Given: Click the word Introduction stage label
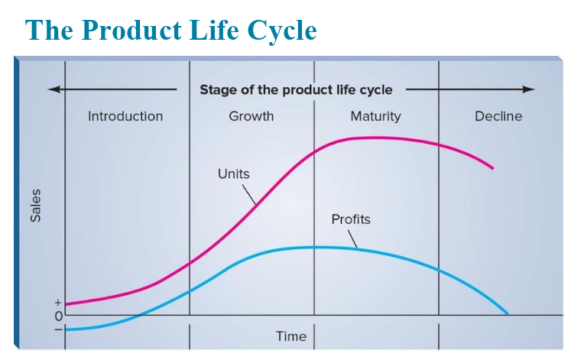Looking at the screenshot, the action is [x=125, y=116].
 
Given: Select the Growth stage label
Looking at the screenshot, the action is [x=251, y=116].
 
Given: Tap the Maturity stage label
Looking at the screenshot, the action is [x=375, y=117].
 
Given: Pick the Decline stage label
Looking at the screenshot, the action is [x=498, y=116].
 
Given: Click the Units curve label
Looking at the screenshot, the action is [x=234, y=174].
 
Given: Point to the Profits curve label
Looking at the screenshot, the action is [x=351, y=219].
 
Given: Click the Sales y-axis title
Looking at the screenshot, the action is [x=35, y=206].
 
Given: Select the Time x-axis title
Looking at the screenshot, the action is [x=291, y=336].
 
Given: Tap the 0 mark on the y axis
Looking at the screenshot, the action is [x=59, y=316].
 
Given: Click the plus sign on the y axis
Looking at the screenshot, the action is [x=58, y=303].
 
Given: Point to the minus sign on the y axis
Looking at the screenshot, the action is [x=58, y=329].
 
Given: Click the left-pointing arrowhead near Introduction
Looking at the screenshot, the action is [x=54, y=89].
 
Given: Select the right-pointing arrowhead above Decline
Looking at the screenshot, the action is [x=529, y=89].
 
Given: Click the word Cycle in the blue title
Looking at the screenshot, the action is [x=282, y=30].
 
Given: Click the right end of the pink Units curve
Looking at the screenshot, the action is [x=493, y=168].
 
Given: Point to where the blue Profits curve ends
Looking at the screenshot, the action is [x=507, y=313].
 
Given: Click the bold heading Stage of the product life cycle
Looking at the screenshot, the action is [x=296, y=90].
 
